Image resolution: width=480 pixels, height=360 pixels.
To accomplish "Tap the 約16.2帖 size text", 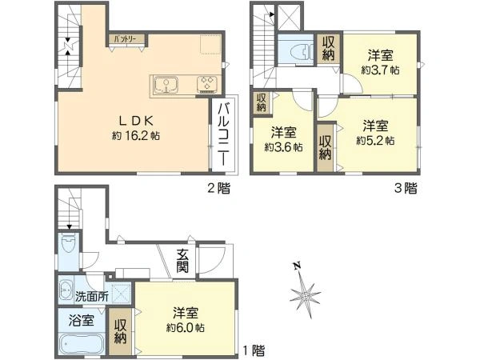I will [136, 137].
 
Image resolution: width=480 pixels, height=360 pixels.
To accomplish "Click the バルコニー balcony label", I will [225, 136].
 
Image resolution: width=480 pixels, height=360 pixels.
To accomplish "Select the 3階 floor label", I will [405, 189].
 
